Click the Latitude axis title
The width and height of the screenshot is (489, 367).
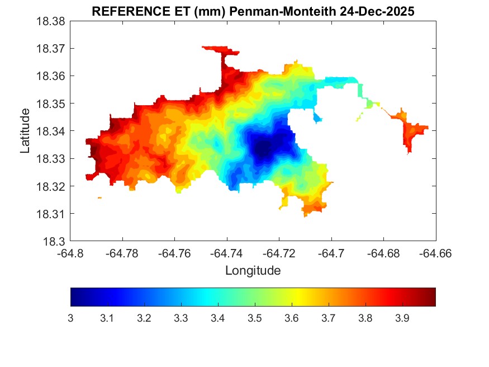coord(25,131)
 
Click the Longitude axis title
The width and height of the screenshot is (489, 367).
coord(253,271)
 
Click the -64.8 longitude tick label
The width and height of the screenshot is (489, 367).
coord(71,253)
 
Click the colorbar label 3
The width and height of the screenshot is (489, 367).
coord(71,318)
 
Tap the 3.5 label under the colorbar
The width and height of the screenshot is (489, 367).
coord(255,318)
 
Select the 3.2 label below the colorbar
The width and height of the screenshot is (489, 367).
coord(144,318)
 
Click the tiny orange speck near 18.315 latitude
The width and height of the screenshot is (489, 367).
coord(99,197)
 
